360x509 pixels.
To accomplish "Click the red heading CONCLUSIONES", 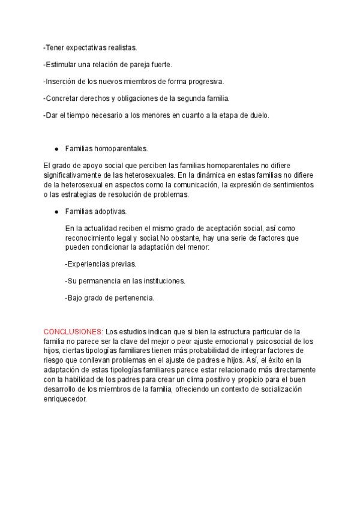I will click(73, 332).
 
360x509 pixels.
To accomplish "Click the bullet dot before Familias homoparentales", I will click(56, 148).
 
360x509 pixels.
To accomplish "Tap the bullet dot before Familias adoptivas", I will click(56, 212).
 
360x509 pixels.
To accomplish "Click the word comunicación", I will click(195, 185).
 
